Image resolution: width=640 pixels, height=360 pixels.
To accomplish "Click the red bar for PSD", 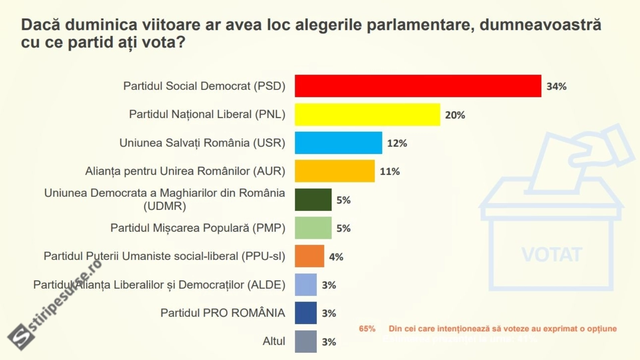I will pos(418,86).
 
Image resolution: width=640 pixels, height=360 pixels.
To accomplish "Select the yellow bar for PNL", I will pos(367,115).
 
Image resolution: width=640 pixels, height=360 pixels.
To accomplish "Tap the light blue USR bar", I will pos(338,143).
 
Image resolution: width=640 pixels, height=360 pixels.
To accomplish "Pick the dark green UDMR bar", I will pos(313,200).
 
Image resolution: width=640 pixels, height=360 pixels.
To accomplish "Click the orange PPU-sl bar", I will pos(309,256).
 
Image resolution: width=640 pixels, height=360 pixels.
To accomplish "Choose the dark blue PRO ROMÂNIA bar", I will pos(306,313).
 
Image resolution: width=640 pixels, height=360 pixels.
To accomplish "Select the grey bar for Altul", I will pos(306,341).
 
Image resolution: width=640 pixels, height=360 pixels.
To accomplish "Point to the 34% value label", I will pos(556,86).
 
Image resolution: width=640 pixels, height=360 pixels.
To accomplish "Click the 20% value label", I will pos(455,115).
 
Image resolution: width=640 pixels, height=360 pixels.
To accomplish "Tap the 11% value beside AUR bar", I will pos(390,172).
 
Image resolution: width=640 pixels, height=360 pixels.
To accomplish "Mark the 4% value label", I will pos(336,257).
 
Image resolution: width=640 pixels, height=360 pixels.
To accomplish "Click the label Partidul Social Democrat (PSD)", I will pos(204,86).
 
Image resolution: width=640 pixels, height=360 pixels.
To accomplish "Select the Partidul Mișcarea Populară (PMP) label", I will pos(198,228).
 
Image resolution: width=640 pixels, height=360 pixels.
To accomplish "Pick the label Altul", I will pos(274,341).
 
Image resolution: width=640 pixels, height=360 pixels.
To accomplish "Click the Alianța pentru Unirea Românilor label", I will pos(185,171).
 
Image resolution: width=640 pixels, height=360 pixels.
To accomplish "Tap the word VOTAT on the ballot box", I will pos(552,255).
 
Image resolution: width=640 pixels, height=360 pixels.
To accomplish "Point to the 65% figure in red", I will pos(367,329).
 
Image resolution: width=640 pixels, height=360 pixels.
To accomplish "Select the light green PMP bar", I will pos(313,228).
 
